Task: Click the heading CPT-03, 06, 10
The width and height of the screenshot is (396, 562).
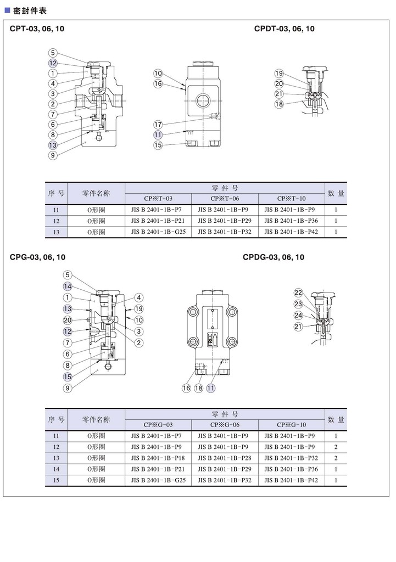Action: [x=37, y=29]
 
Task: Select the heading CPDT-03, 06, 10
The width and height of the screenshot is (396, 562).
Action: [x=284, y=29]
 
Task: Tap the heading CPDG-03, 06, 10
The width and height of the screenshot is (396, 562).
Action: [x=273, y=257]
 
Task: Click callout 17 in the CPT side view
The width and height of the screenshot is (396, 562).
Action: [x=158, y=123]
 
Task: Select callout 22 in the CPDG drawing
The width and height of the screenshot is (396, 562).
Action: [x=298, y=292]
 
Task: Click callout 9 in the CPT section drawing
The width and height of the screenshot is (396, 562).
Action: [x=53, y=155]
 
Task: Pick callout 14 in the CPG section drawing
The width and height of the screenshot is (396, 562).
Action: [x=68, y=286]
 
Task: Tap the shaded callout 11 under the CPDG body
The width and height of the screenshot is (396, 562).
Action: [x=211, y=387]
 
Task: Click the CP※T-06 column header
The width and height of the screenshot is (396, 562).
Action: [x=225, y=199]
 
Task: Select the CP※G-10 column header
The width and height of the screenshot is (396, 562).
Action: [x=292, y=425]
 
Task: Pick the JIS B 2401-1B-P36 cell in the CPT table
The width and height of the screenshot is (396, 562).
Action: [x=292, y=221]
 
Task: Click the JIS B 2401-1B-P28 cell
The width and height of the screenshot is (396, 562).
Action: [x=225, y=458]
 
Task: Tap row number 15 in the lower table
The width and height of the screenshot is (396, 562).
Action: [x=56, y=480]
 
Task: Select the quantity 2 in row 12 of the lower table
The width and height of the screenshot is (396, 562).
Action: [x=336, y=447]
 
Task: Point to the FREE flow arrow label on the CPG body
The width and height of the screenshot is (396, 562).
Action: [x=211, y=339]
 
